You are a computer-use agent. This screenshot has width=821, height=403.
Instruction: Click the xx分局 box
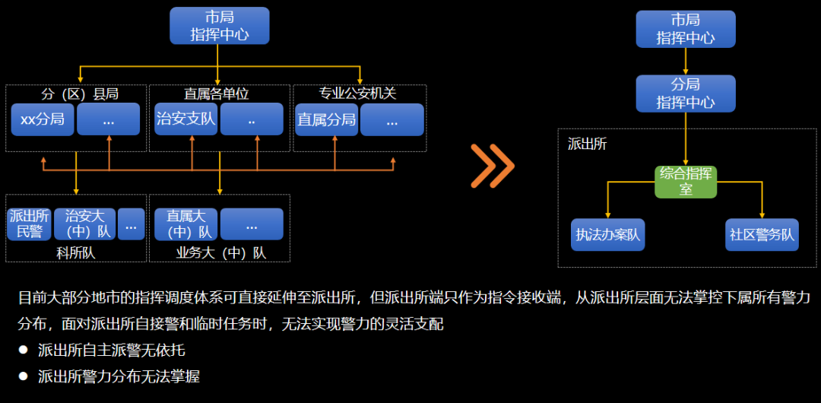point(43,119)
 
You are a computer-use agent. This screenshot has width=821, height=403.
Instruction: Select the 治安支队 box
point(185,119)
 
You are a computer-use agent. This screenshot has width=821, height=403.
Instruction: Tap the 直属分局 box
point(326,119)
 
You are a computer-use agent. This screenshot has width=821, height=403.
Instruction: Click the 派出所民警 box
point(29,224)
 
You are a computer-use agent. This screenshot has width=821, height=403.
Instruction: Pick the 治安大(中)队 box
point(84,224)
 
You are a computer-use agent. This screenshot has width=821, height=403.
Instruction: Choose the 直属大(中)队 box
point(185,224)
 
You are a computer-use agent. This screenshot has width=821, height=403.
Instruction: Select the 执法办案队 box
point(608,235)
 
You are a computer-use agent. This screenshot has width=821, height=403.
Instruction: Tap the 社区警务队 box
point(762,235)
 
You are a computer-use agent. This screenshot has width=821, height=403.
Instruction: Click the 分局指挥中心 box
point(686,94)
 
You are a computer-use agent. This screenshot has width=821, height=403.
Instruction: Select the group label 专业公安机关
point(357,94)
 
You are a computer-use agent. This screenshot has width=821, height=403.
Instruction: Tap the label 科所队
point(75,252)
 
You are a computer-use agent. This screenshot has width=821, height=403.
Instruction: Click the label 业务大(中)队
point(221,252)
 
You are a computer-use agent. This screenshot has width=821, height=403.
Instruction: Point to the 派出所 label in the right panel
point(588,144)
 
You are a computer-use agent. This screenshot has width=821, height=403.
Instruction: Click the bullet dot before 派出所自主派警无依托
point(24,351)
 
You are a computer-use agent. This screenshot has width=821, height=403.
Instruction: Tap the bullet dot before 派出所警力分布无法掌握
point(24,376)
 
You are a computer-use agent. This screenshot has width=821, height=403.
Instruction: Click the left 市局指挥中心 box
point(219,26)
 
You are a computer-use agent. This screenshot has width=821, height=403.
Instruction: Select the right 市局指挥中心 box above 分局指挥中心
point(686,30)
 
